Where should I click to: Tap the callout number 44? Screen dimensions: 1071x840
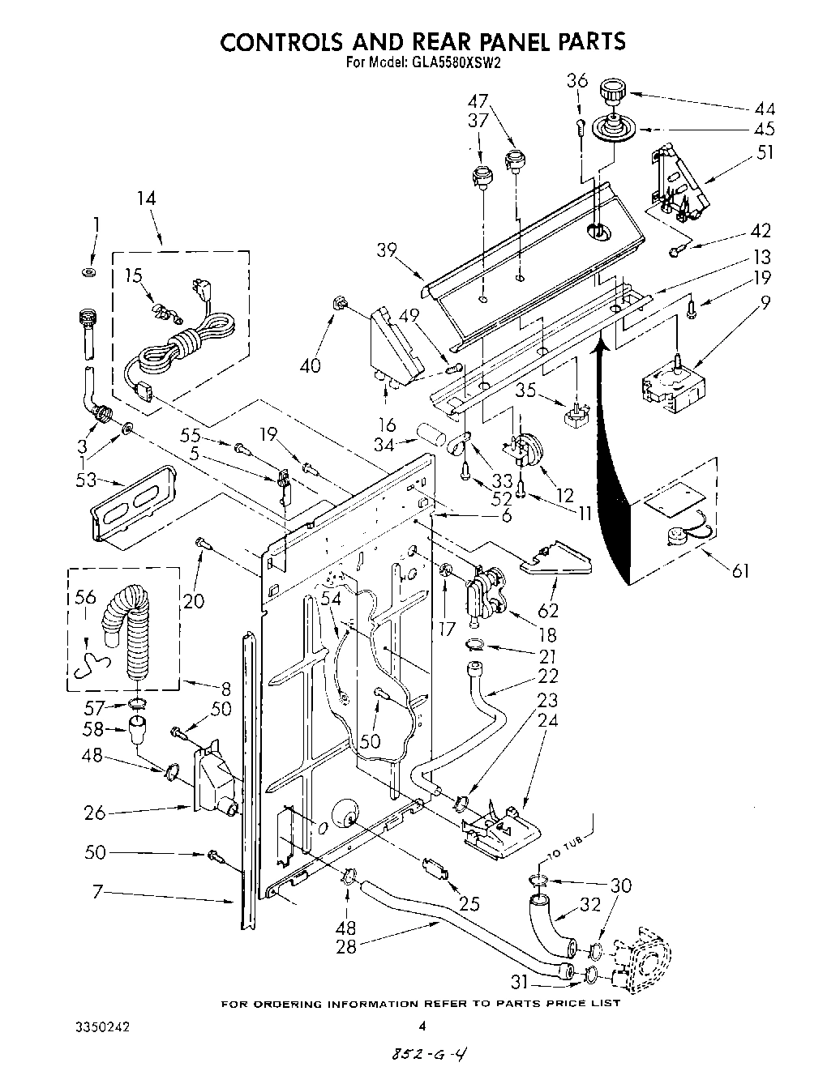coord(764,109)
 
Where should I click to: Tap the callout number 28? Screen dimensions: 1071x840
coord(346,946)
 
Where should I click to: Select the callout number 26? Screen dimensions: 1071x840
coord(96,812)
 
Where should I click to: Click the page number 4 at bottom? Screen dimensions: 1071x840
coord(421,1026)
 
